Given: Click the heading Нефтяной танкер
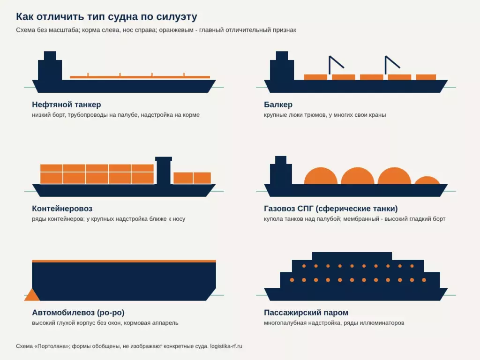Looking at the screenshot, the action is pyautogui.click(x=67, y=105).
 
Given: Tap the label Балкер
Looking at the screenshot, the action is pyautogui.click(x=278, y=105).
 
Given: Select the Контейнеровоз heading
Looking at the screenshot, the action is pyautogui.click(x=62, y=209).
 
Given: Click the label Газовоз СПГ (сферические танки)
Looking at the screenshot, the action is pyautogui.click(x=330, y=209).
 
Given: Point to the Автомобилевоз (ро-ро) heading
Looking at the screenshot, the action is pyautogui.click(x=78, y=313).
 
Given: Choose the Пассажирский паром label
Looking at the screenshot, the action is pyautogui.click(x=306, y=313).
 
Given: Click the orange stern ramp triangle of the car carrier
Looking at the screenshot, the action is pyautogui.click(x=32, y=296).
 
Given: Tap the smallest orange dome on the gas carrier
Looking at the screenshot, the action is pyautogui.click(x=427, y=180).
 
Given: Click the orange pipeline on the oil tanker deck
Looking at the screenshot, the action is pyautogui.click(x=140, y=76).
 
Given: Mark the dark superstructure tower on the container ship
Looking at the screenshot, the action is pyautogui.click(x=164, y=171).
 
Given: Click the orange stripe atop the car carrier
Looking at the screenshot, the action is pyautogui.click(x=124, y=261).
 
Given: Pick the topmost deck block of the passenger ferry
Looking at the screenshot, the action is pyautogui.click(x=352, y=256).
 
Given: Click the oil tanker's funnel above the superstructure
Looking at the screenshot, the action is pyautogui.click(x=50, y=56).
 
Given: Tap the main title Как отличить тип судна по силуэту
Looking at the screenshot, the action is pyautogui.click(x=106, y=16).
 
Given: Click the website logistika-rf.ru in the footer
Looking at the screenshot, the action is pyautogui.click(x=226, y=346).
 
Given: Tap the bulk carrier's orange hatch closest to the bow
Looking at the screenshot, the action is pyautogui.click(x=426, y=77).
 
